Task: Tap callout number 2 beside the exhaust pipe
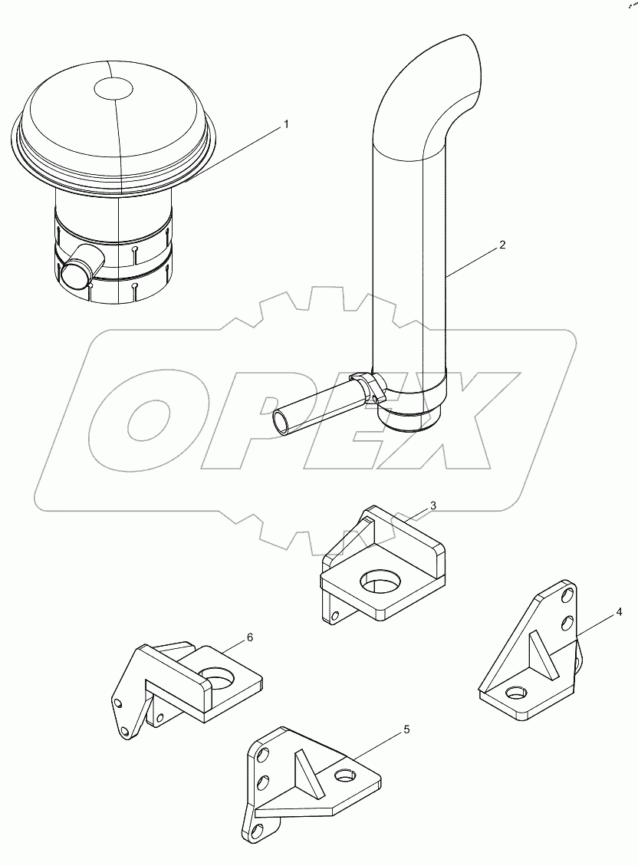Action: click(502, 245)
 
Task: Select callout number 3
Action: click(433, 505)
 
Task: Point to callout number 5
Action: click(406, 729)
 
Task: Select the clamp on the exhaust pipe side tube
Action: click(366, 387)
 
